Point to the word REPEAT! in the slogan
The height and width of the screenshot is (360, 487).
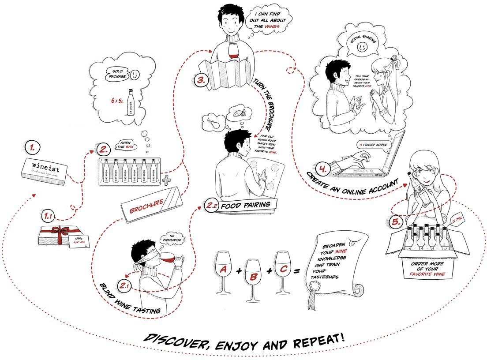click(x=309, y=341)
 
